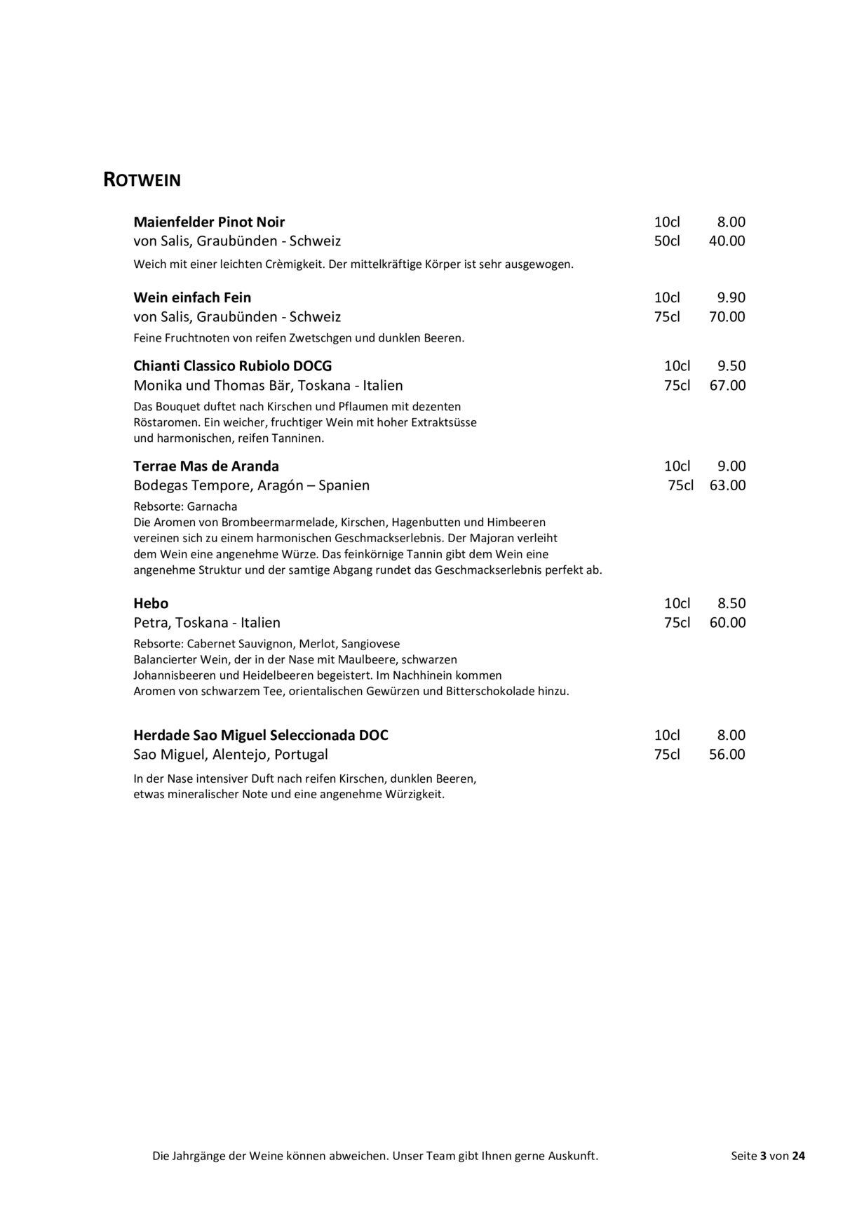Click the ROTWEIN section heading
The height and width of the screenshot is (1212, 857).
pyautogui.click(x=142, y=180)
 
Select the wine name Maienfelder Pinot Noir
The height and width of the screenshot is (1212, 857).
pyautogui.click(x=209, y=222)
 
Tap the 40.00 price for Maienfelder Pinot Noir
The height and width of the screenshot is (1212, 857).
pyautogui.click(x=727, y=241)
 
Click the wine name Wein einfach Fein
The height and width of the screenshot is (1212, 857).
pyautogui.click(x=192, y=297)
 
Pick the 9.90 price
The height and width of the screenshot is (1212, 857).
pyautogui.click(x=731, y=297)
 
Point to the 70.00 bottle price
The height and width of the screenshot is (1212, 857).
pyautogui.click(x=727, y=317)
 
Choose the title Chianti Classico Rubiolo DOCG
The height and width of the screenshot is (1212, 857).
pyautogui.click(x=233, y=366)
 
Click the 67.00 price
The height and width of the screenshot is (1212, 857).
pyautogui.click(x=727, y=386)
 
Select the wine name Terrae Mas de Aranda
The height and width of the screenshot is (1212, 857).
pyautogui.click(x=206, y=466)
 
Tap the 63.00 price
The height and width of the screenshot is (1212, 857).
pyautogui.click(x=727, y=485)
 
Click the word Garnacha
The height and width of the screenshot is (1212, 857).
pyautogui.click(x=212, y=506)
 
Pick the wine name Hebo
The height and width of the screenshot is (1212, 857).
pyautogui.click(x=151, y=604)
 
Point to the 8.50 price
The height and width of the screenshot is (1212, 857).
pyautogui.click(x=731, y=604)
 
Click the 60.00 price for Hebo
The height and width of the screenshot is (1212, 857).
pyautogui.click(x=727, y=623)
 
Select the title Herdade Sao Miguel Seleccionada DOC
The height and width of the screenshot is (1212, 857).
pyautogui.click(x=261, y=736)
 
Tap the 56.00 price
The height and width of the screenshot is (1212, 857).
pyautogui.click(x=727, y=755)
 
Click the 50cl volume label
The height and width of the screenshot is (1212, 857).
pyautogui.click(x=667, y=241)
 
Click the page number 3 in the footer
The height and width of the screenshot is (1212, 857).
pyautogui.click(x=763, y=1157)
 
